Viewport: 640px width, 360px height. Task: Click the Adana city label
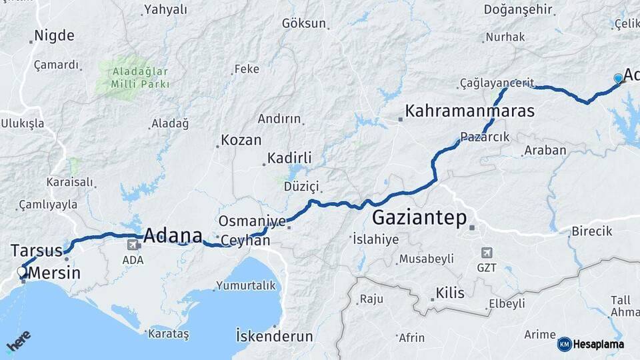coord(173,235)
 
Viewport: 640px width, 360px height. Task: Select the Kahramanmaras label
coord(470,111)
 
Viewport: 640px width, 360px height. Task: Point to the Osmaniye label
coord(252,221)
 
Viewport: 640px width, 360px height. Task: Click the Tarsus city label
coord(36,251)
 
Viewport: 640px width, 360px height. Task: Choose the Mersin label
coord(55,273)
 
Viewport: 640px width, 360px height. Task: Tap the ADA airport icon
coord(133,245)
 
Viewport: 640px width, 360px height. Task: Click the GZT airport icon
coord(487,253)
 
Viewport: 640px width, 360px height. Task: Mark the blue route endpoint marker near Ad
coord(619,79)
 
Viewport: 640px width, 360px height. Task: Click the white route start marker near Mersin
coord(21,271)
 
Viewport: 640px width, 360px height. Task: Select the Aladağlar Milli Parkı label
coord(132,78)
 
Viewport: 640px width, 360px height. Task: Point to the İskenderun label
coord(275,336)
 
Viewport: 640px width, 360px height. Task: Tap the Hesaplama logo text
coord(598,344)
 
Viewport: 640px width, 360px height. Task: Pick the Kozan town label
coord(241,141)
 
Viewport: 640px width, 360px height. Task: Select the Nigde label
coord(54,35)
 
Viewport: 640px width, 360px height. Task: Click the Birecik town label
coord(591,231)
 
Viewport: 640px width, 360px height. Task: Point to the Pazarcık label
coord(485,137)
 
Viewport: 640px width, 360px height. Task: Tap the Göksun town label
coord(304,23)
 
